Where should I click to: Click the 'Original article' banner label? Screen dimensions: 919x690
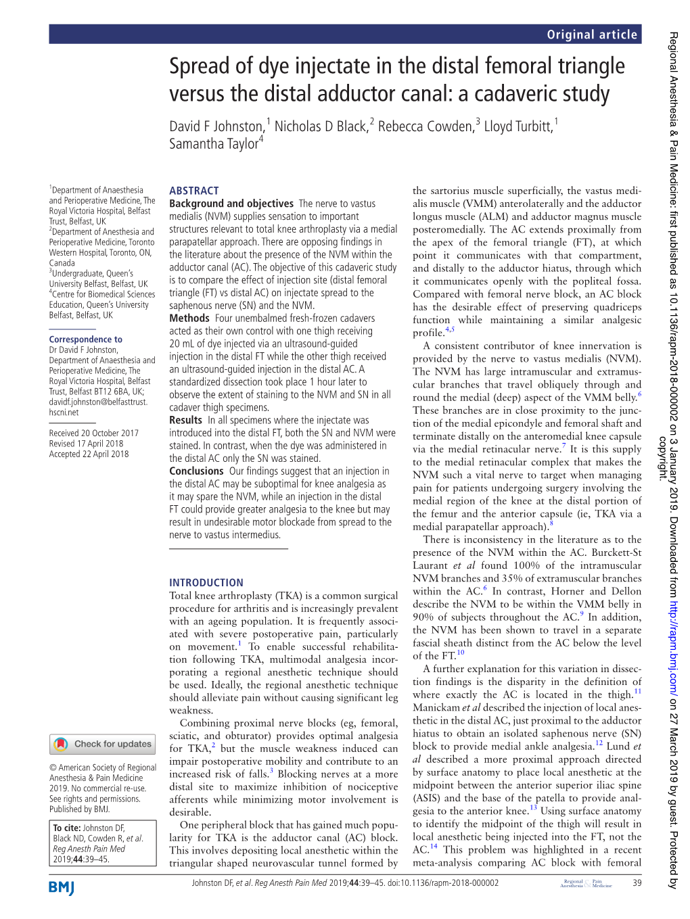click(x=592, y=34)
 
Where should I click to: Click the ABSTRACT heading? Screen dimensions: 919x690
click(x=194, y=191)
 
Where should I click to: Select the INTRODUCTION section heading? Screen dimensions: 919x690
click(x=206, y=582)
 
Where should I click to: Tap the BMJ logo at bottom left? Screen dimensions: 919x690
click(x=62, y=887)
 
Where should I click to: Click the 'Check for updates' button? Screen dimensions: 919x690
click(x=103, y=744)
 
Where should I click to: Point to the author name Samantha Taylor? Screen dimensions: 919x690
click(x=214, y=143)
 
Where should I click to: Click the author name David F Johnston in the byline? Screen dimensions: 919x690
click(x=216, y=126)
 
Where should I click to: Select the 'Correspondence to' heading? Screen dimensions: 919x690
click(x=86, y=339)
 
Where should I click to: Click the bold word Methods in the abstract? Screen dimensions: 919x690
click(x=189, y=318)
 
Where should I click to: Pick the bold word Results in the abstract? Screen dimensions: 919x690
click(x=186, y=420)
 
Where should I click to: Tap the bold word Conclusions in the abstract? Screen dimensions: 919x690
click(x=196, y=471)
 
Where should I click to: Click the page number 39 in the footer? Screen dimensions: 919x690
click(x=637, y=882)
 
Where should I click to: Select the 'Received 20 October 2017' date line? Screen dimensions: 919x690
click(x=93, y=433)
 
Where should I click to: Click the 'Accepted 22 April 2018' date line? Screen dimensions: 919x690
click(x=89, y=454)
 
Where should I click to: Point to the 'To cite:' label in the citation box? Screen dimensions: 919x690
click(x=67, y=828)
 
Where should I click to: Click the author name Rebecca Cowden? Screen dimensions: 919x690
click(x=425, y=126)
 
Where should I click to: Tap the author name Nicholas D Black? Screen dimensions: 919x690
click(x=321, y=126)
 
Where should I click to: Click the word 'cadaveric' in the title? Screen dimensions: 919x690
click(x=518, y=93)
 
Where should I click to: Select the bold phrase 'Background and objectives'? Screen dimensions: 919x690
click(x=231, y=204)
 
